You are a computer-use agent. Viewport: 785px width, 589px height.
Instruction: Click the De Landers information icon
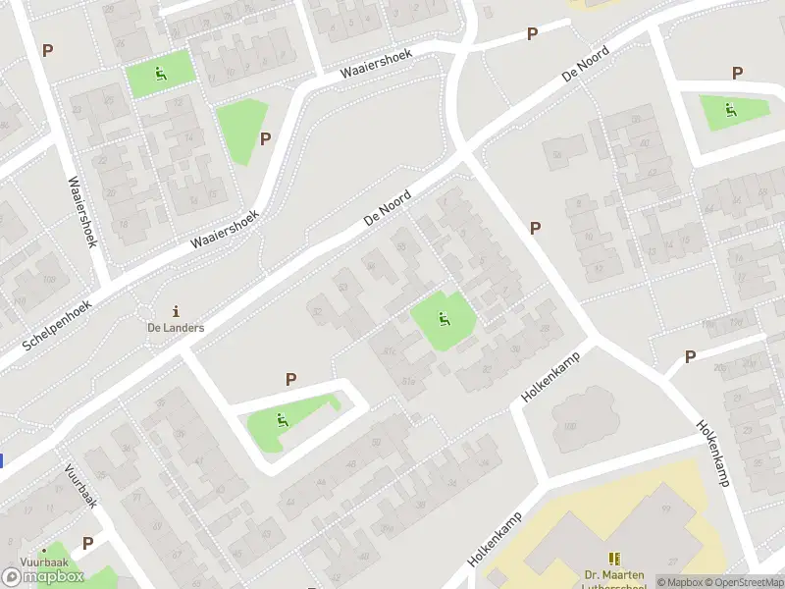(176, 310)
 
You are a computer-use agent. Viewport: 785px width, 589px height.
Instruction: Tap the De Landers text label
(176, 328)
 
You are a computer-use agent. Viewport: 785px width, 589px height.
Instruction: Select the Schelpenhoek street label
(57, 327)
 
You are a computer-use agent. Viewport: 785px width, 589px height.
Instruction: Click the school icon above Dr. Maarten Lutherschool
(615, 558)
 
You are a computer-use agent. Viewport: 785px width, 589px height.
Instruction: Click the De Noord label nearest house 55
(387, 208)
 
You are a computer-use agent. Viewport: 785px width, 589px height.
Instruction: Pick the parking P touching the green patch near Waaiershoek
(265, 138)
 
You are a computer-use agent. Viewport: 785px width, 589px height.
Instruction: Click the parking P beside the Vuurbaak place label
(87, 543)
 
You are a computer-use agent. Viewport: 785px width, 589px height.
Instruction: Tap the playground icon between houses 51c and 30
(445, 319)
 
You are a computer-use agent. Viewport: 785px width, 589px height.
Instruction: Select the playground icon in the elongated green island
(283, 421)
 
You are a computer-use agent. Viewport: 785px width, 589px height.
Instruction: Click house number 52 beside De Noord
(316, 312)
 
